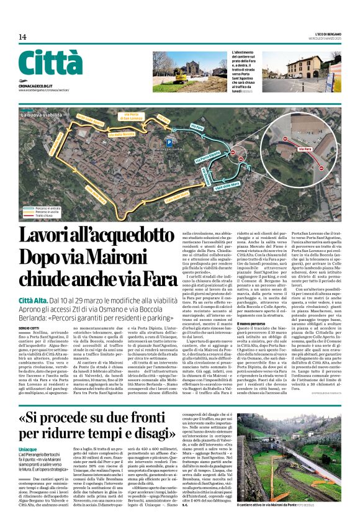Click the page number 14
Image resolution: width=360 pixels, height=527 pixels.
(x=22, y=37)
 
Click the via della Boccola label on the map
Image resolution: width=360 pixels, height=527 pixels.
(x=121, y=134)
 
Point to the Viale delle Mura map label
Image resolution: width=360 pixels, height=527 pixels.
(x=227, y=185)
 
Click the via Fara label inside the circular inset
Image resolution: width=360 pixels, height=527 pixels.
(x=305, y=149)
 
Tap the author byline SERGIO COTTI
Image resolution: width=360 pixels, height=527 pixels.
(x=32, y=309)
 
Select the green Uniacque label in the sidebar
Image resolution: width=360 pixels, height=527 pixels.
(x=28, y=432)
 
